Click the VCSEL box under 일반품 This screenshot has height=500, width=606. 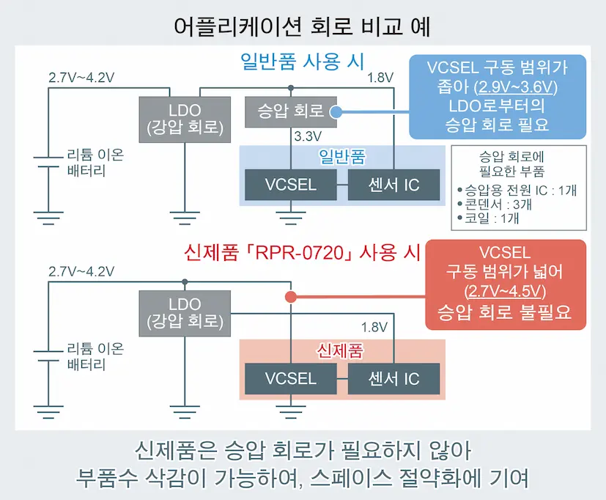[291, 185]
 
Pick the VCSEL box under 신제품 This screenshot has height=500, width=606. [291, 378]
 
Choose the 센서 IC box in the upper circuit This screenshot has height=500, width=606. [393, 185]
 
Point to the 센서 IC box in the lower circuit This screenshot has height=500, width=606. [393, 378]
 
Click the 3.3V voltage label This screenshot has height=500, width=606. [308, 137]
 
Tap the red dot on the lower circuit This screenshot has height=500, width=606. [290, 297]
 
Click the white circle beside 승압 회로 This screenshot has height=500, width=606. [337, 112]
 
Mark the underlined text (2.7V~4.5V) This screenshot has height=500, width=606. [506, 291]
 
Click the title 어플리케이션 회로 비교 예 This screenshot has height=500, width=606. [302, 27]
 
